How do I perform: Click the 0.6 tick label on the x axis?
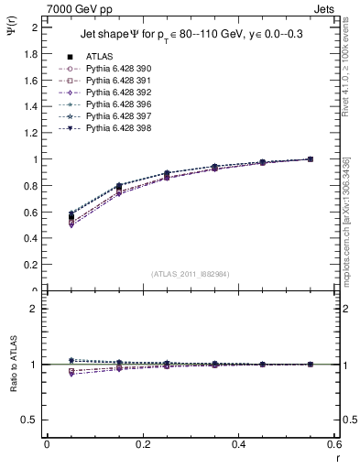click(335, 444)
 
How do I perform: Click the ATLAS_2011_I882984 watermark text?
click(191, 274)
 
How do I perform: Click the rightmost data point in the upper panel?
click(311, 159)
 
